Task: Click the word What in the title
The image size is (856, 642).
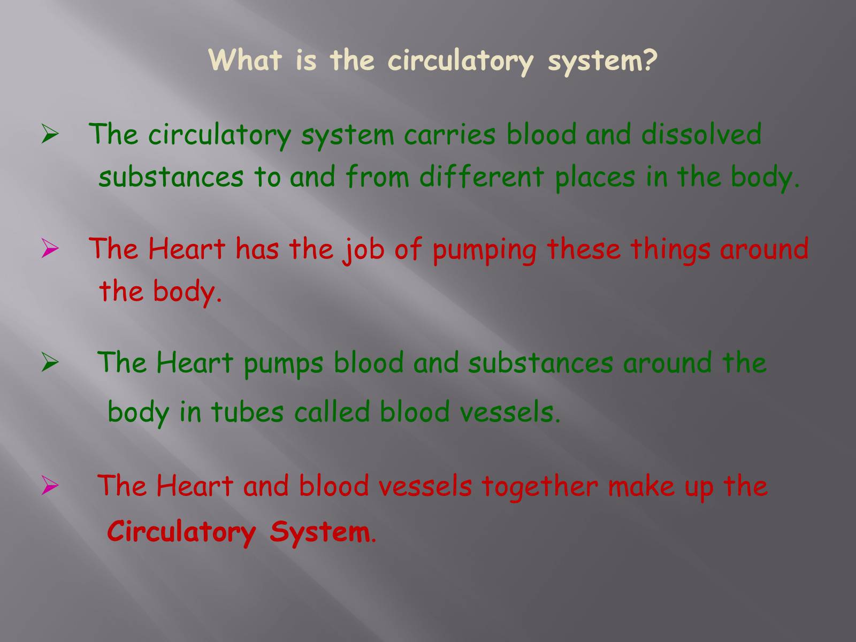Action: pyautogui.click(x=245, y=60)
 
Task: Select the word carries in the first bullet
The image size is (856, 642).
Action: pyautogui.click(x=449, y=134)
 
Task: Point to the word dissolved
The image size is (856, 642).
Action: pyautogui.click(x=701, y=134)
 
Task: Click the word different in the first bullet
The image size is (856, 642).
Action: pyautogui.click(x=481, y=177)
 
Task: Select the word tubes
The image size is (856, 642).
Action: pyautogui.click(x=247, y=411)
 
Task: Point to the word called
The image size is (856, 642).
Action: pyautogui.click(x=332, y=411)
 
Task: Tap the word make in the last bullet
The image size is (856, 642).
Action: pyautogui.click(x=641, y=486)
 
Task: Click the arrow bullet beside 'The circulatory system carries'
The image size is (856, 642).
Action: pyautogui.click(x=50, y=134)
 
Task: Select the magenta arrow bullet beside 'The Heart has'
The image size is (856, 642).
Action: pyautogui.click(x=50, y=249)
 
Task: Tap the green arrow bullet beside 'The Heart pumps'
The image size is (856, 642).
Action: pyautogui.click(x=50, y=363)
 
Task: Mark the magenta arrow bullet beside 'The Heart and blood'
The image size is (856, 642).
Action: pyautogui.click(x=50, y=486)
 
